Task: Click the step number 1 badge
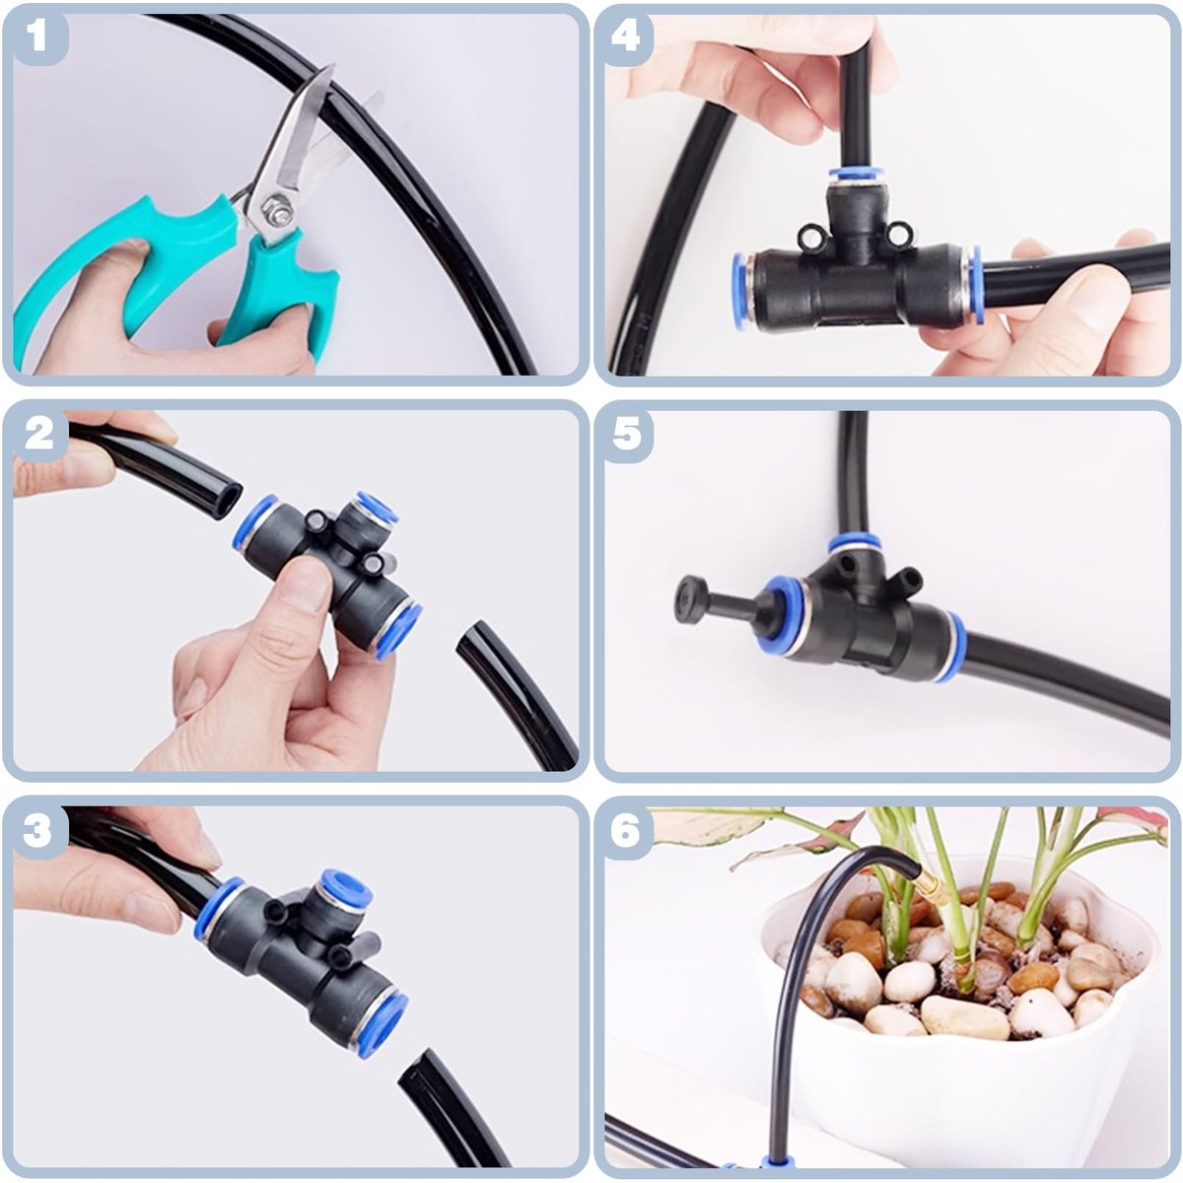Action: click(x=36, y=36)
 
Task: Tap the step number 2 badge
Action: click(x=38, y=435)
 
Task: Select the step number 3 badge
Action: click(x=36, y=830)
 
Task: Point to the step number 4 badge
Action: click(x=626, y=36)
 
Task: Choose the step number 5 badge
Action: click(x=627, y=435)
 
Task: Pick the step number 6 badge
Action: click(x=626, y=830)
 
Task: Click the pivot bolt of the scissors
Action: click(x=277, y=209)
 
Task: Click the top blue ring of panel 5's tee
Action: click(x=855, y=543)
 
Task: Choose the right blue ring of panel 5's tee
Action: click(x=953, y=646)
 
